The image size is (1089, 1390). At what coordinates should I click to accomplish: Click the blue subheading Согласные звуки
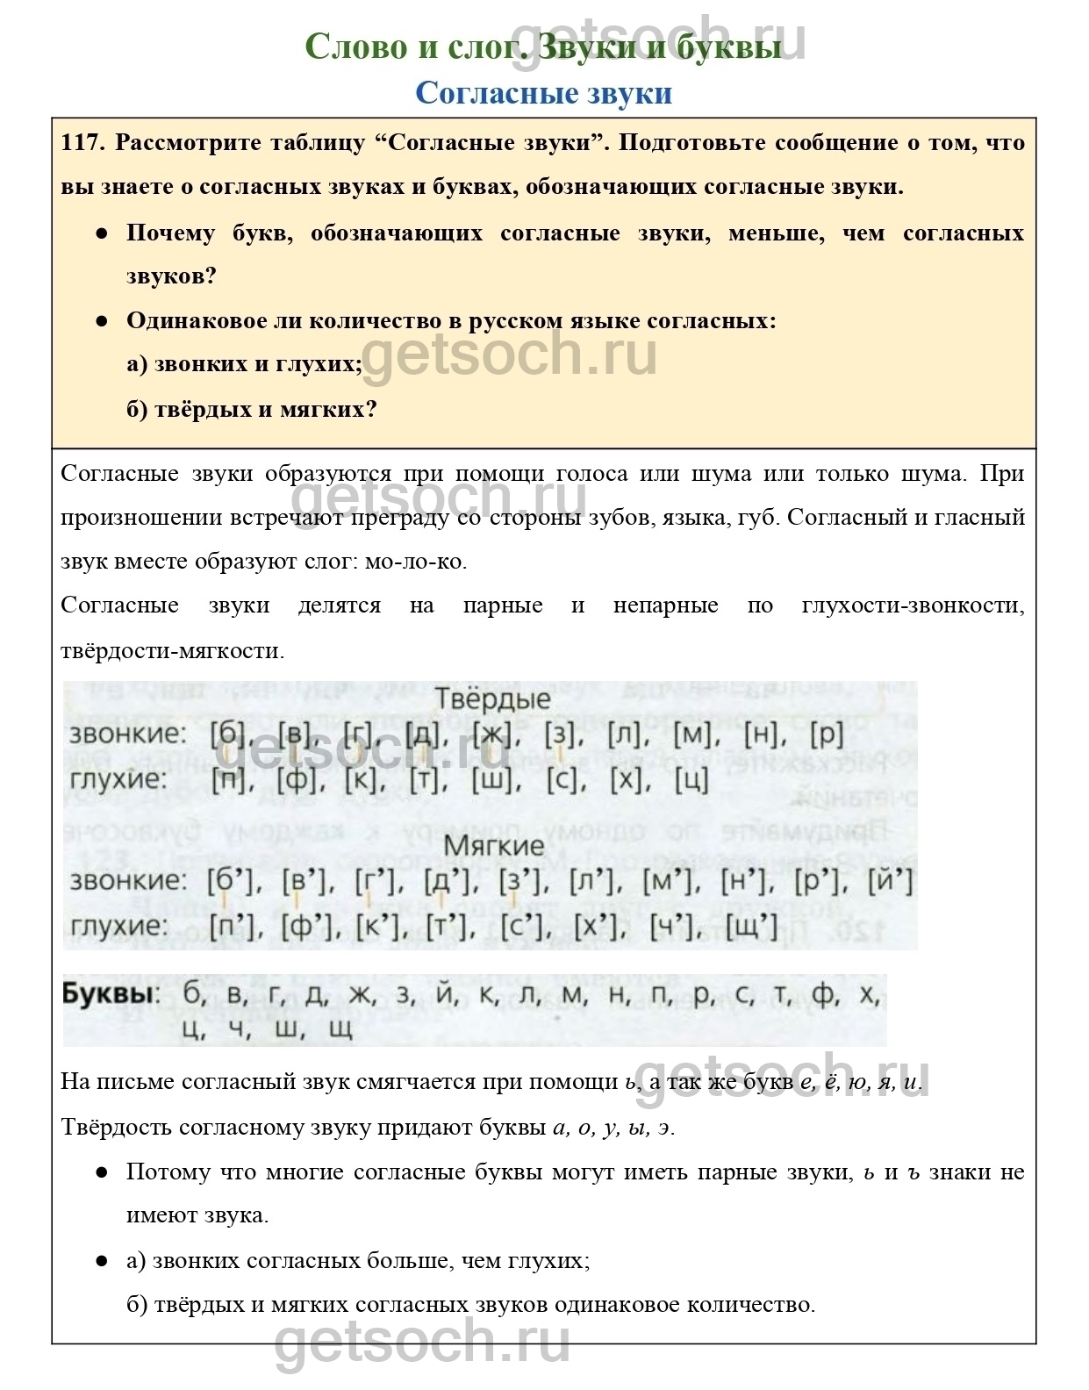point(543,93)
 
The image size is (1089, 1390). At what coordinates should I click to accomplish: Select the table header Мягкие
point(494,846)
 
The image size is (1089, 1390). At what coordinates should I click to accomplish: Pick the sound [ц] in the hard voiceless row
point(691,779)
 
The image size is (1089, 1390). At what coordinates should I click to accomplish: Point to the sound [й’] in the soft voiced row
point(891,880)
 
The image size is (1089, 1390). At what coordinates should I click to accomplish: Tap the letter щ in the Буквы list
point(340,1028)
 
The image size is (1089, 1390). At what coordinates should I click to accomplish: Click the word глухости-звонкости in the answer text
point(913,605)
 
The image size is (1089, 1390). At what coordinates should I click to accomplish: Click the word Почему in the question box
point(170,233)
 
